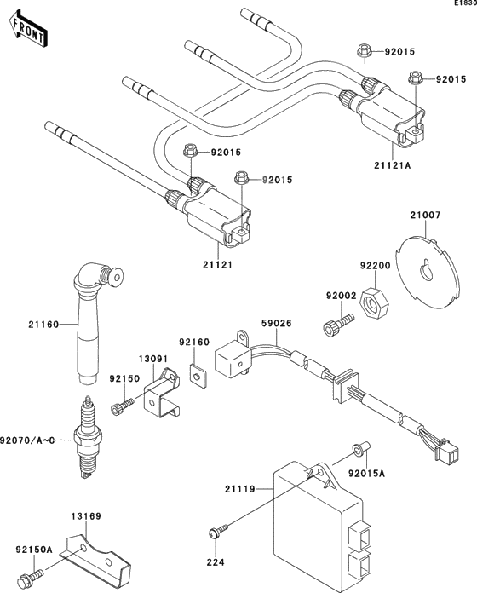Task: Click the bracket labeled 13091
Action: (x=163, y=397)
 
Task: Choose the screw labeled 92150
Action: (x=125, y=402)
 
